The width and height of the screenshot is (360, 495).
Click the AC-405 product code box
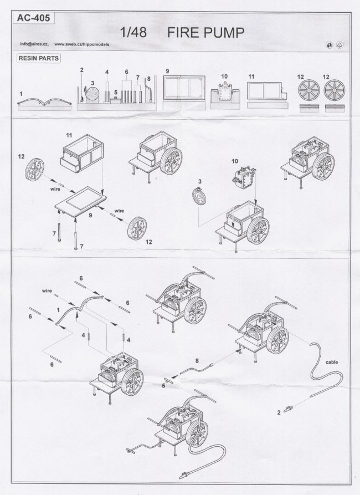click(x=33, y=18)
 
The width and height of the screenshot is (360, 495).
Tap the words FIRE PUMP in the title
click(x=205, y=33)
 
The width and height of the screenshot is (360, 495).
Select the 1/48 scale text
click(x=133, y=33)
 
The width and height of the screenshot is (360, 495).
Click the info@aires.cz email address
click(x=34, y=44)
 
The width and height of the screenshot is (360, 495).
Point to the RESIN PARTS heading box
click(x=39, y=58)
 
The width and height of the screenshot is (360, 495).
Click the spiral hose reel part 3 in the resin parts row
click(x=92, y=94)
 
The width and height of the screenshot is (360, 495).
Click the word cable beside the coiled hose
click(x=332, y=362)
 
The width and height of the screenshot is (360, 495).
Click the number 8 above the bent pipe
click(x=197, y=360)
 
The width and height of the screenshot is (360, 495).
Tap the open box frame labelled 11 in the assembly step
click(x=83, y=153)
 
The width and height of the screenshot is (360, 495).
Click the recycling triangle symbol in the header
click(x=340, y=45)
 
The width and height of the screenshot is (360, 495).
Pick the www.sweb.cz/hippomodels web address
click(x=82, y=44)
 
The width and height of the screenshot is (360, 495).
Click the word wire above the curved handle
click(x=47, y=291)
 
